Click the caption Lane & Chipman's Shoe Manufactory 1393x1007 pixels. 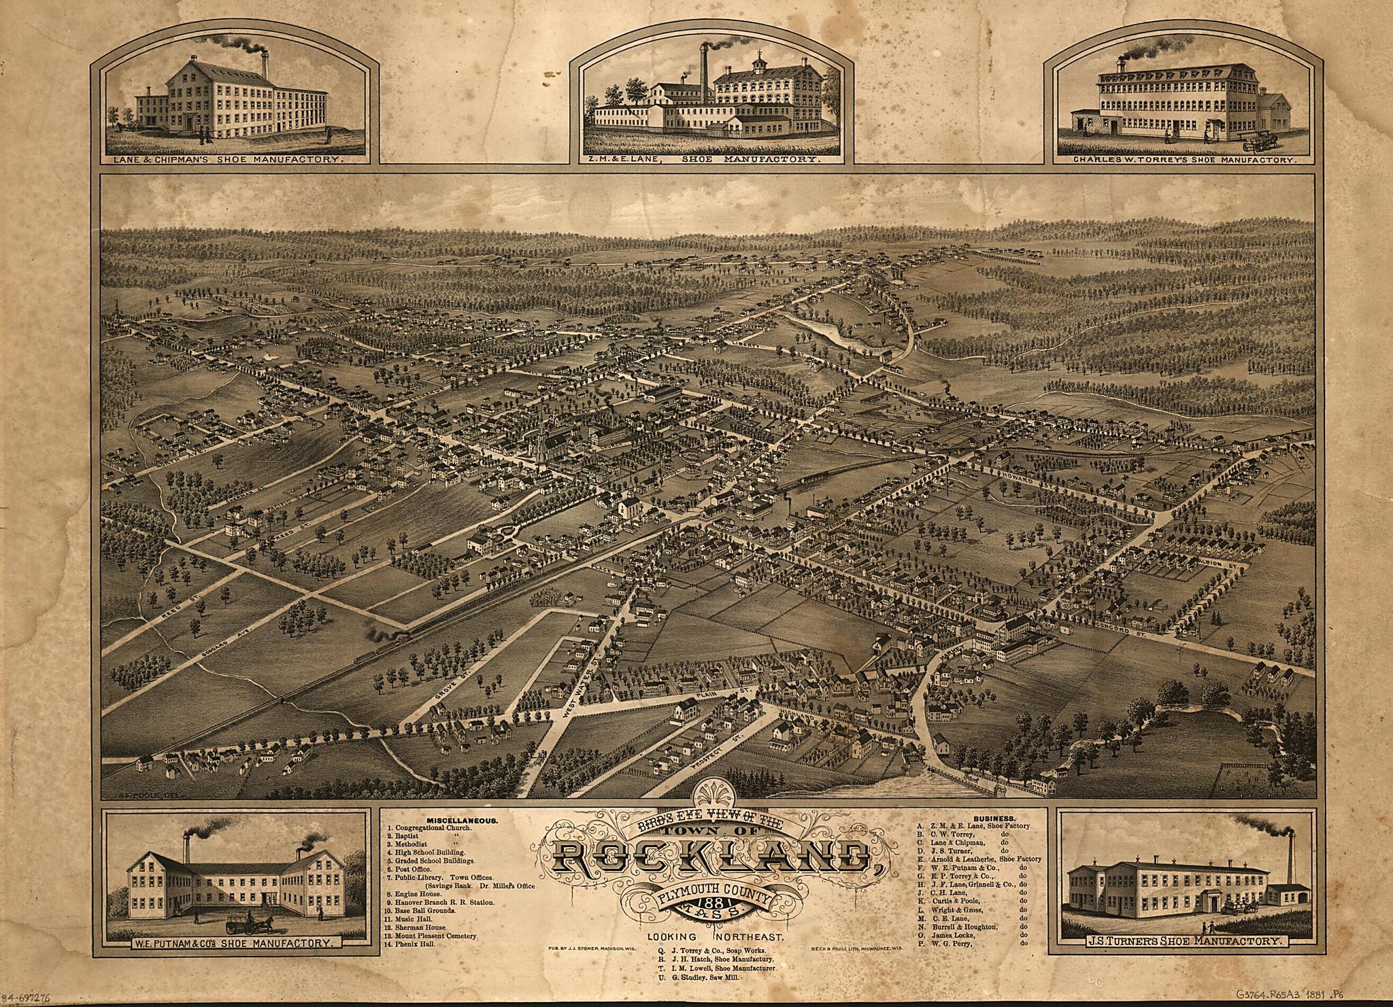(231, 160)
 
